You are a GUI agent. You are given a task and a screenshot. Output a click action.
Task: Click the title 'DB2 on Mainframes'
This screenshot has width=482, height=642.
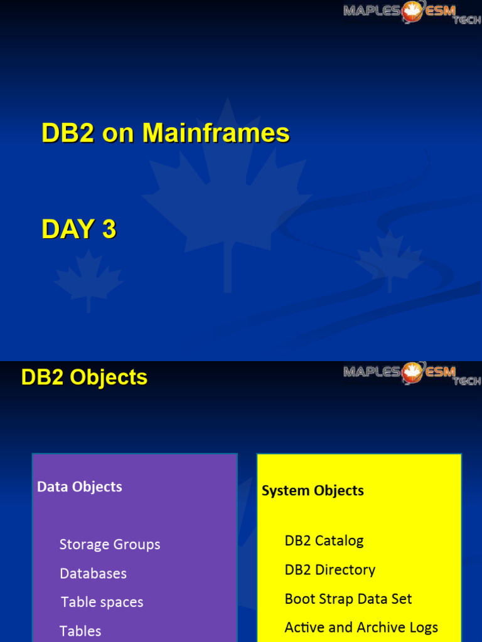click(166, 134)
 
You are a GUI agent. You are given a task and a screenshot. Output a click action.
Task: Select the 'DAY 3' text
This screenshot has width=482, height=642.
click(79, 229)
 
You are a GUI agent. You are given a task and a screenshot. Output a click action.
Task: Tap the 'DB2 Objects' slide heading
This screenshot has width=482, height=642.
click(84, 377)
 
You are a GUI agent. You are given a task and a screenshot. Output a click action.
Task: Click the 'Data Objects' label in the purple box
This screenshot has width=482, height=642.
click(80, 487)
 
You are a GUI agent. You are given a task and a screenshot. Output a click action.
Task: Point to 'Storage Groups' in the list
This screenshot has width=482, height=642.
click(110, 544)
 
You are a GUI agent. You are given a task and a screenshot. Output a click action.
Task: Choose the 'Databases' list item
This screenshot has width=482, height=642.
click(93, 573)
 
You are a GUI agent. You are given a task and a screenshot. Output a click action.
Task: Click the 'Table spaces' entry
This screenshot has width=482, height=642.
click(102, 602)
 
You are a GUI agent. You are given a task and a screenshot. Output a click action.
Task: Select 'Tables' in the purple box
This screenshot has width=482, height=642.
click(80, 631)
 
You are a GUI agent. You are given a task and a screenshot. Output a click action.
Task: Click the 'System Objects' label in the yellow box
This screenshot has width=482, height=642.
click(313, 490)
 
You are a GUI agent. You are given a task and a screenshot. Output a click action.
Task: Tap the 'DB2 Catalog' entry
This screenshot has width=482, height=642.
click(324, 540)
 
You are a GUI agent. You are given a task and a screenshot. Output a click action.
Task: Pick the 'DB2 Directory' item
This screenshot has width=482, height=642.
click(329, 570)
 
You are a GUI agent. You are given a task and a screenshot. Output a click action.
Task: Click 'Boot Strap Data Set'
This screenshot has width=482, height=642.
click(348, 599)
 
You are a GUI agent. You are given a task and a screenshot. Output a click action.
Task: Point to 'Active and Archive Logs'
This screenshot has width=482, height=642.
click(361, 628)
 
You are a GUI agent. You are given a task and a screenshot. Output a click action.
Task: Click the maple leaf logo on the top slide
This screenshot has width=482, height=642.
click(412, 11)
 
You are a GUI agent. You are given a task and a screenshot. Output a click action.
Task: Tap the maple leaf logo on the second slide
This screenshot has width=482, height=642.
click(412, 372)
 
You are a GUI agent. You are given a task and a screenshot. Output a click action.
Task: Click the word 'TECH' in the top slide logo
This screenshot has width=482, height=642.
click(467, 21)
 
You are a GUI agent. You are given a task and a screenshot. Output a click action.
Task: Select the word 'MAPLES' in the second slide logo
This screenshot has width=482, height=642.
click(372, 372)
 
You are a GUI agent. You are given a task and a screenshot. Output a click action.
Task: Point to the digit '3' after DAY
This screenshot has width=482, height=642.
click(109, 229)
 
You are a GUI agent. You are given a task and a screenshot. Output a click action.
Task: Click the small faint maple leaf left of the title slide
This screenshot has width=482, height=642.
click(88, 279)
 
